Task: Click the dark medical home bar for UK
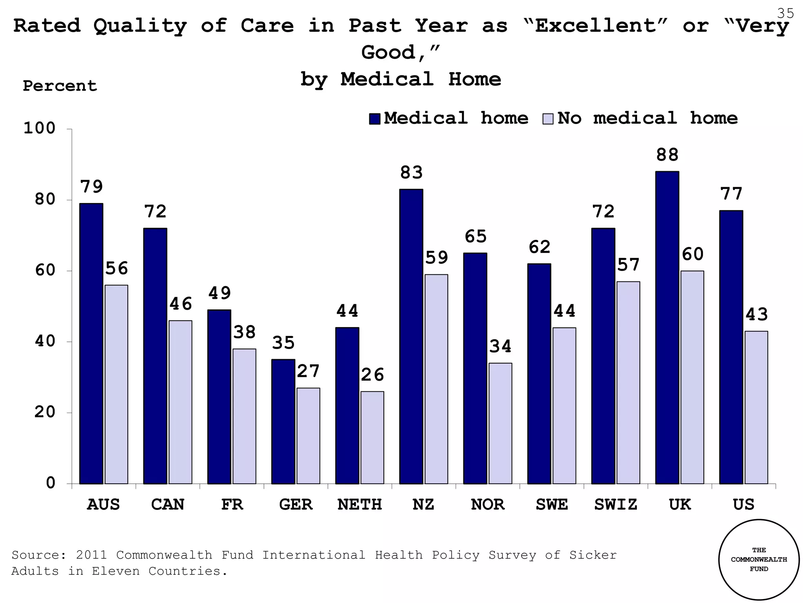667,327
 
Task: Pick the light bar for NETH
372,437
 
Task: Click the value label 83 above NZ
411,173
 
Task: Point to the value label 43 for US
756,315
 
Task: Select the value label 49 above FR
219,293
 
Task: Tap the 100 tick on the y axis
40,128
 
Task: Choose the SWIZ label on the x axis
616,504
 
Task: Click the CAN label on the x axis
167,504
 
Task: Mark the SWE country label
552,504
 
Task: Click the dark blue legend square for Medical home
374,119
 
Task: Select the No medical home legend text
647,118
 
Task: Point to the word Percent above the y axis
60,86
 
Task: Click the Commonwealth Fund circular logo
759,559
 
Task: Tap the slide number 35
785,14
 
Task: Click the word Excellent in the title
596,26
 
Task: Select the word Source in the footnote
35,555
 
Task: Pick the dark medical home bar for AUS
91,343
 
